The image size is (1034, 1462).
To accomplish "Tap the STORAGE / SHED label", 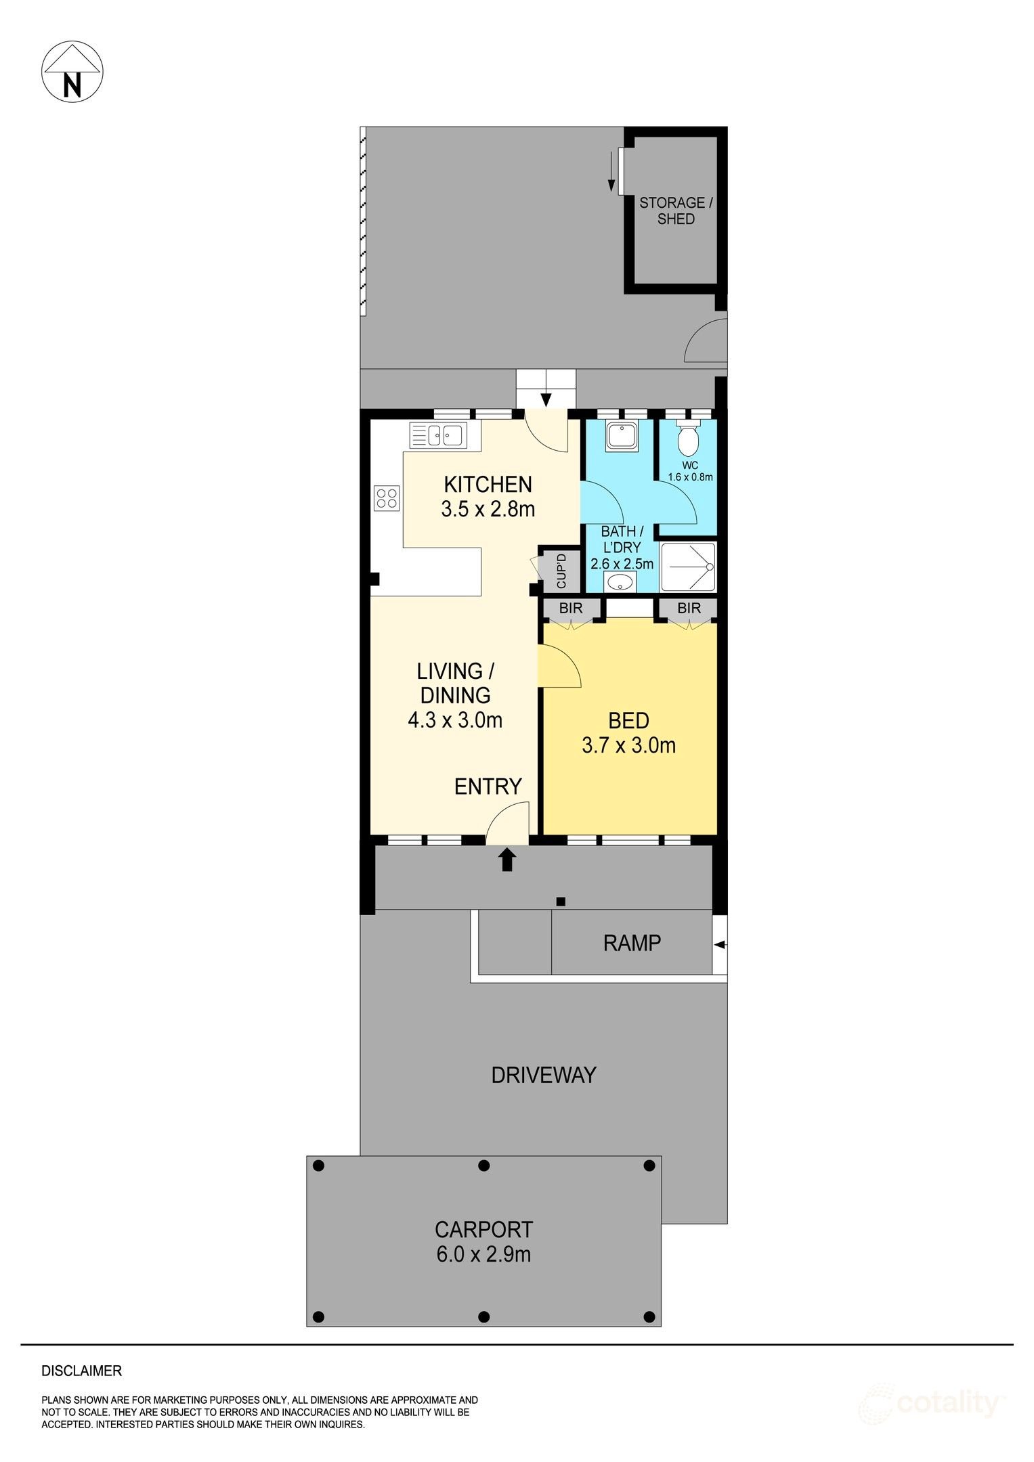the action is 676,211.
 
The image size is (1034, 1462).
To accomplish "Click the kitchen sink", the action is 438,435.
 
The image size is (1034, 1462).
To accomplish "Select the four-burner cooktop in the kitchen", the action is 387,498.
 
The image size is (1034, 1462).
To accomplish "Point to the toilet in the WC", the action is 688,438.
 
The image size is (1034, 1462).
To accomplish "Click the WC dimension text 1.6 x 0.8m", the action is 690,477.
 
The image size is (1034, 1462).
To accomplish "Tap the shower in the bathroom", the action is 688,567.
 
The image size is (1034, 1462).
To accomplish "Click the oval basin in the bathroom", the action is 620,581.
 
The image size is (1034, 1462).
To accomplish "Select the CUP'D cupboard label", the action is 561,571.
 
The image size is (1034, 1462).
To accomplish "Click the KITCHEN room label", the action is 488,485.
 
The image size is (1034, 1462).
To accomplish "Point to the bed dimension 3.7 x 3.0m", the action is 628,745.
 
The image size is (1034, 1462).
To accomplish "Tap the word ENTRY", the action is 488,787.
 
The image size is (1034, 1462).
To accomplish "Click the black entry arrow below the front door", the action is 507,860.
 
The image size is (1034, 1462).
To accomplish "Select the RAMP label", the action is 632,943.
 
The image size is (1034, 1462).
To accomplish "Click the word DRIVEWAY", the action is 544,1075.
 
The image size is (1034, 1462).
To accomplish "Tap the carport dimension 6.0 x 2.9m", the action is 483,1254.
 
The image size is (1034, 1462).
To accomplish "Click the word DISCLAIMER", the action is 82,1371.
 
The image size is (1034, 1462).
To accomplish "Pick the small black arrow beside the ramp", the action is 720,945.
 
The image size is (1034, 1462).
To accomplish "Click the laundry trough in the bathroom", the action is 622,436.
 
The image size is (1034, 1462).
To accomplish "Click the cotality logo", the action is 932,1403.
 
